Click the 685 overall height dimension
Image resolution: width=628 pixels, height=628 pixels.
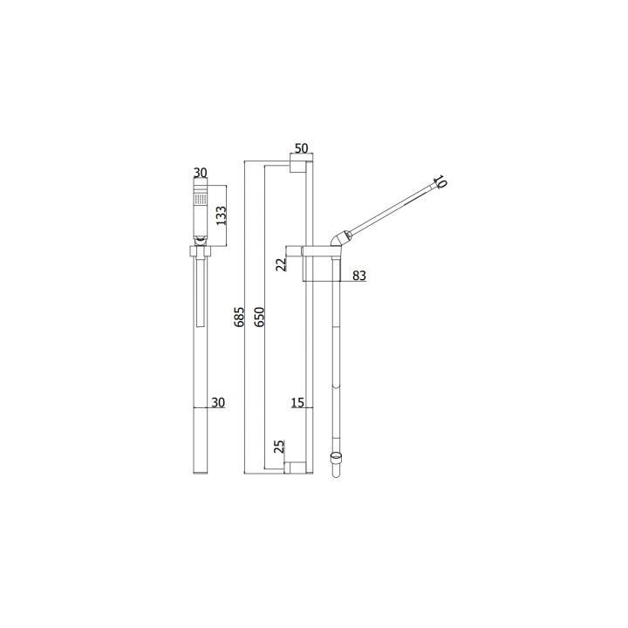[x=239, y=317]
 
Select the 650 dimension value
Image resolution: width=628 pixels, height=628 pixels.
[x=260, y=317]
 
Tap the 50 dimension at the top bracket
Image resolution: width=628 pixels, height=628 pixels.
[x=301, y=148]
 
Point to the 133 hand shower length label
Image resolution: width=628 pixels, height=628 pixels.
[x=222, y=215]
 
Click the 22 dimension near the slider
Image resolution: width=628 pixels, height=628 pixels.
[x=282, y=265]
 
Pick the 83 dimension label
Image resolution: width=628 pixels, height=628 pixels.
[x=359, y=276]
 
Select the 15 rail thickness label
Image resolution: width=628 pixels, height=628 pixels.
[x=297, y=402]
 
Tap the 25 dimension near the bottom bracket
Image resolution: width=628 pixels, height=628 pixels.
[x=280, y=447]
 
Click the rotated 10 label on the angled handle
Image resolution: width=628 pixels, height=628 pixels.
[x=440, y=181]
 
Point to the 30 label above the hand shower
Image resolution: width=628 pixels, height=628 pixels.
[x=201, y=173]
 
